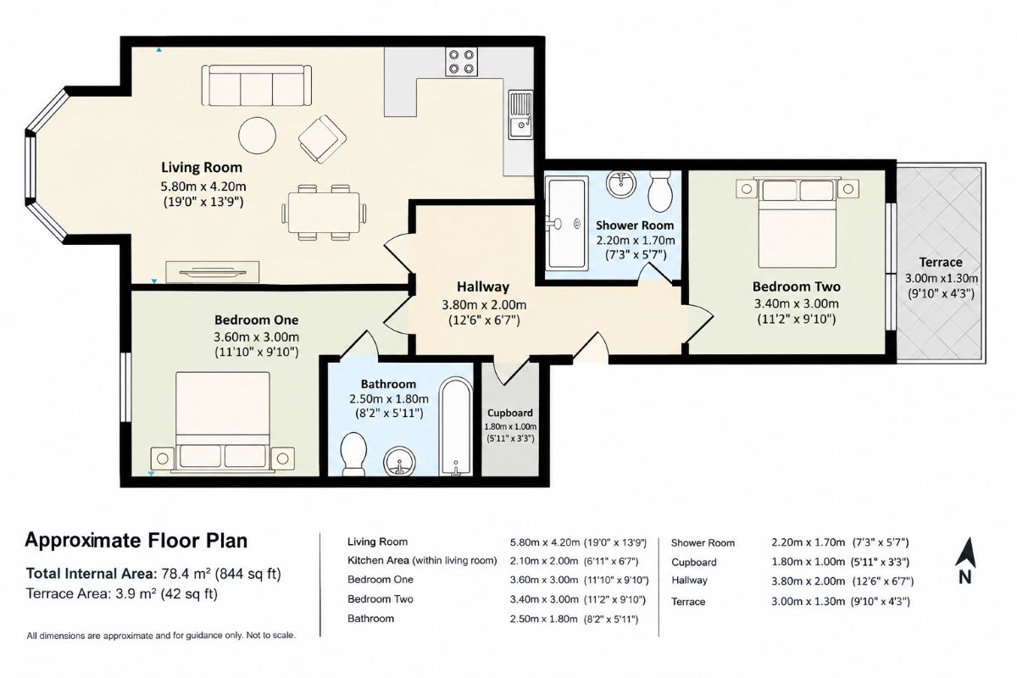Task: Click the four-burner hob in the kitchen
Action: pos(461,62)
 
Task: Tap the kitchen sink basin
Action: pos(520,127)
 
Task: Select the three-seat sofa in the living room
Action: pos(257,86)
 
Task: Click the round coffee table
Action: pos(257,136)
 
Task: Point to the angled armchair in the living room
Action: pos(322,139)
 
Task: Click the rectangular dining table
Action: pos(323,213)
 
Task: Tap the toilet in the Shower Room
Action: pos(660,191)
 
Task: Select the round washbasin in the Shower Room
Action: pos(621,184)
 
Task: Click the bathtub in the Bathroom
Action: pos(455,426)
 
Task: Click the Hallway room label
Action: pos(482,287)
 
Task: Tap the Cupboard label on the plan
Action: pos(510,413)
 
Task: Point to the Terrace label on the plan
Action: pos(941,263)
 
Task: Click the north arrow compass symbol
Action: pos(965,561)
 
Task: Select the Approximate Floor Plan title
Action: pos(136,541)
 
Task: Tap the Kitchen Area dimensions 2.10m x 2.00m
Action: pos(544,561)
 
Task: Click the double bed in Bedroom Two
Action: pos(797,221)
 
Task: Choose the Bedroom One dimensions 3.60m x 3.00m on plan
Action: pos(257,337)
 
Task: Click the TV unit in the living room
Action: pos(213,272)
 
